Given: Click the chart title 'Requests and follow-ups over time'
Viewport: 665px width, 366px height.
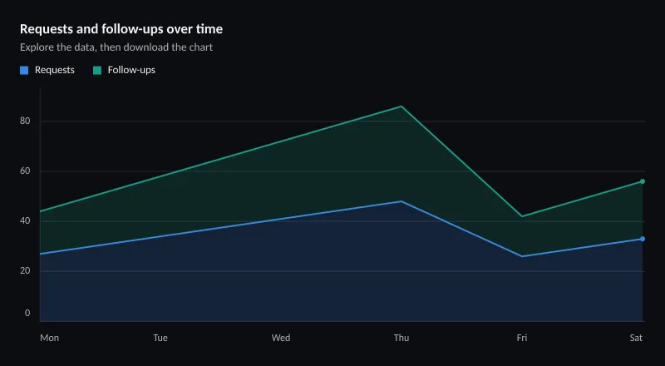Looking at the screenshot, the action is [121, 29].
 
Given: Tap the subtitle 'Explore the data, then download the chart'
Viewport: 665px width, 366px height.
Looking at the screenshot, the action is [116, 47].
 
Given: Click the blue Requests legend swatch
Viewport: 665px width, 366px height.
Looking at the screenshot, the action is [24, 71].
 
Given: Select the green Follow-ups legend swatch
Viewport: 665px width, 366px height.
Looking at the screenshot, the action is [97, 71].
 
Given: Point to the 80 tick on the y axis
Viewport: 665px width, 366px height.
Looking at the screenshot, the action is [25, 121].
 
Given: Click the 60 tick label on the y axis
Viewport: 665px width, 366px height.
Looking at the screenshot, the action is [25, 171].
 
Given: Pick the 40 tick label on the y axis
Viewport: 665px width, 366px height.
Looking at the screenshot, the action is [25, 220].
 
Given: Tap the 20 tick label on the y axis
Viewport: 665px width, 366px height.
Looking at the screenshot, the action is [25, 271].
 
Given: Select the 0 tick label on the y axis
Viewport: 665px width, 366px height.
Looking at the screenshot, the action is [27, 313].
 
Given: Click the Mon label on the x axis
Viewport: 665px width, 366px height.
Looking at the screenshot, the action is [50, 338].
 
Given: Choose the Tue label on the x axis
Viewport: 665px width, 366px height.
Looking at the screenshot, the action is [160, 338].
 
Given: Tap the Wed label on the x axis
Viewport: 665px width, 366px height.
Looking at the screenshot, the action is [281, 338].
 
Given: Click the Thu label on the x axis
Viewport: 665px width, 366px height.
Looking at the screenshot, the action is [401, 338].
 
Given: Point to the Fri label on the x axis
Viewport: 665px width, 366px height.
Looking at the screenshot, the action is [522, 338].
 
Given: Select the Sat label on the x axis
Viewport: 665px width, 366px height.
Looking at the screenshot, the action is [636, 338].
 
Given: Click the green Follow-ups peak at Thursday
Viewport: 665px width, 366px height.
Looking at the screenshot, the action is [401, 106].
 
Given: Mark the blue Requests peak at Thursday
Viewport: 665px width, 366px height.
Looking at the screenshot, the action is [401, 201].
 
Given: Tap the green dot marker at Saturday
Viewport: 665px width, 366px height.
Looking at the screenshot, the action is [643, 181].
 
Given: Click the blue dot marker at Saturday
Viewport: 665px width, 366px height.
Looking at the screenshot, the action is [643, 239].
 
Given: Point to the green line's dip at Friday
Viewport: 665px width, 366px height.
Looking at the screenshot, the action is [522, 216].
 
